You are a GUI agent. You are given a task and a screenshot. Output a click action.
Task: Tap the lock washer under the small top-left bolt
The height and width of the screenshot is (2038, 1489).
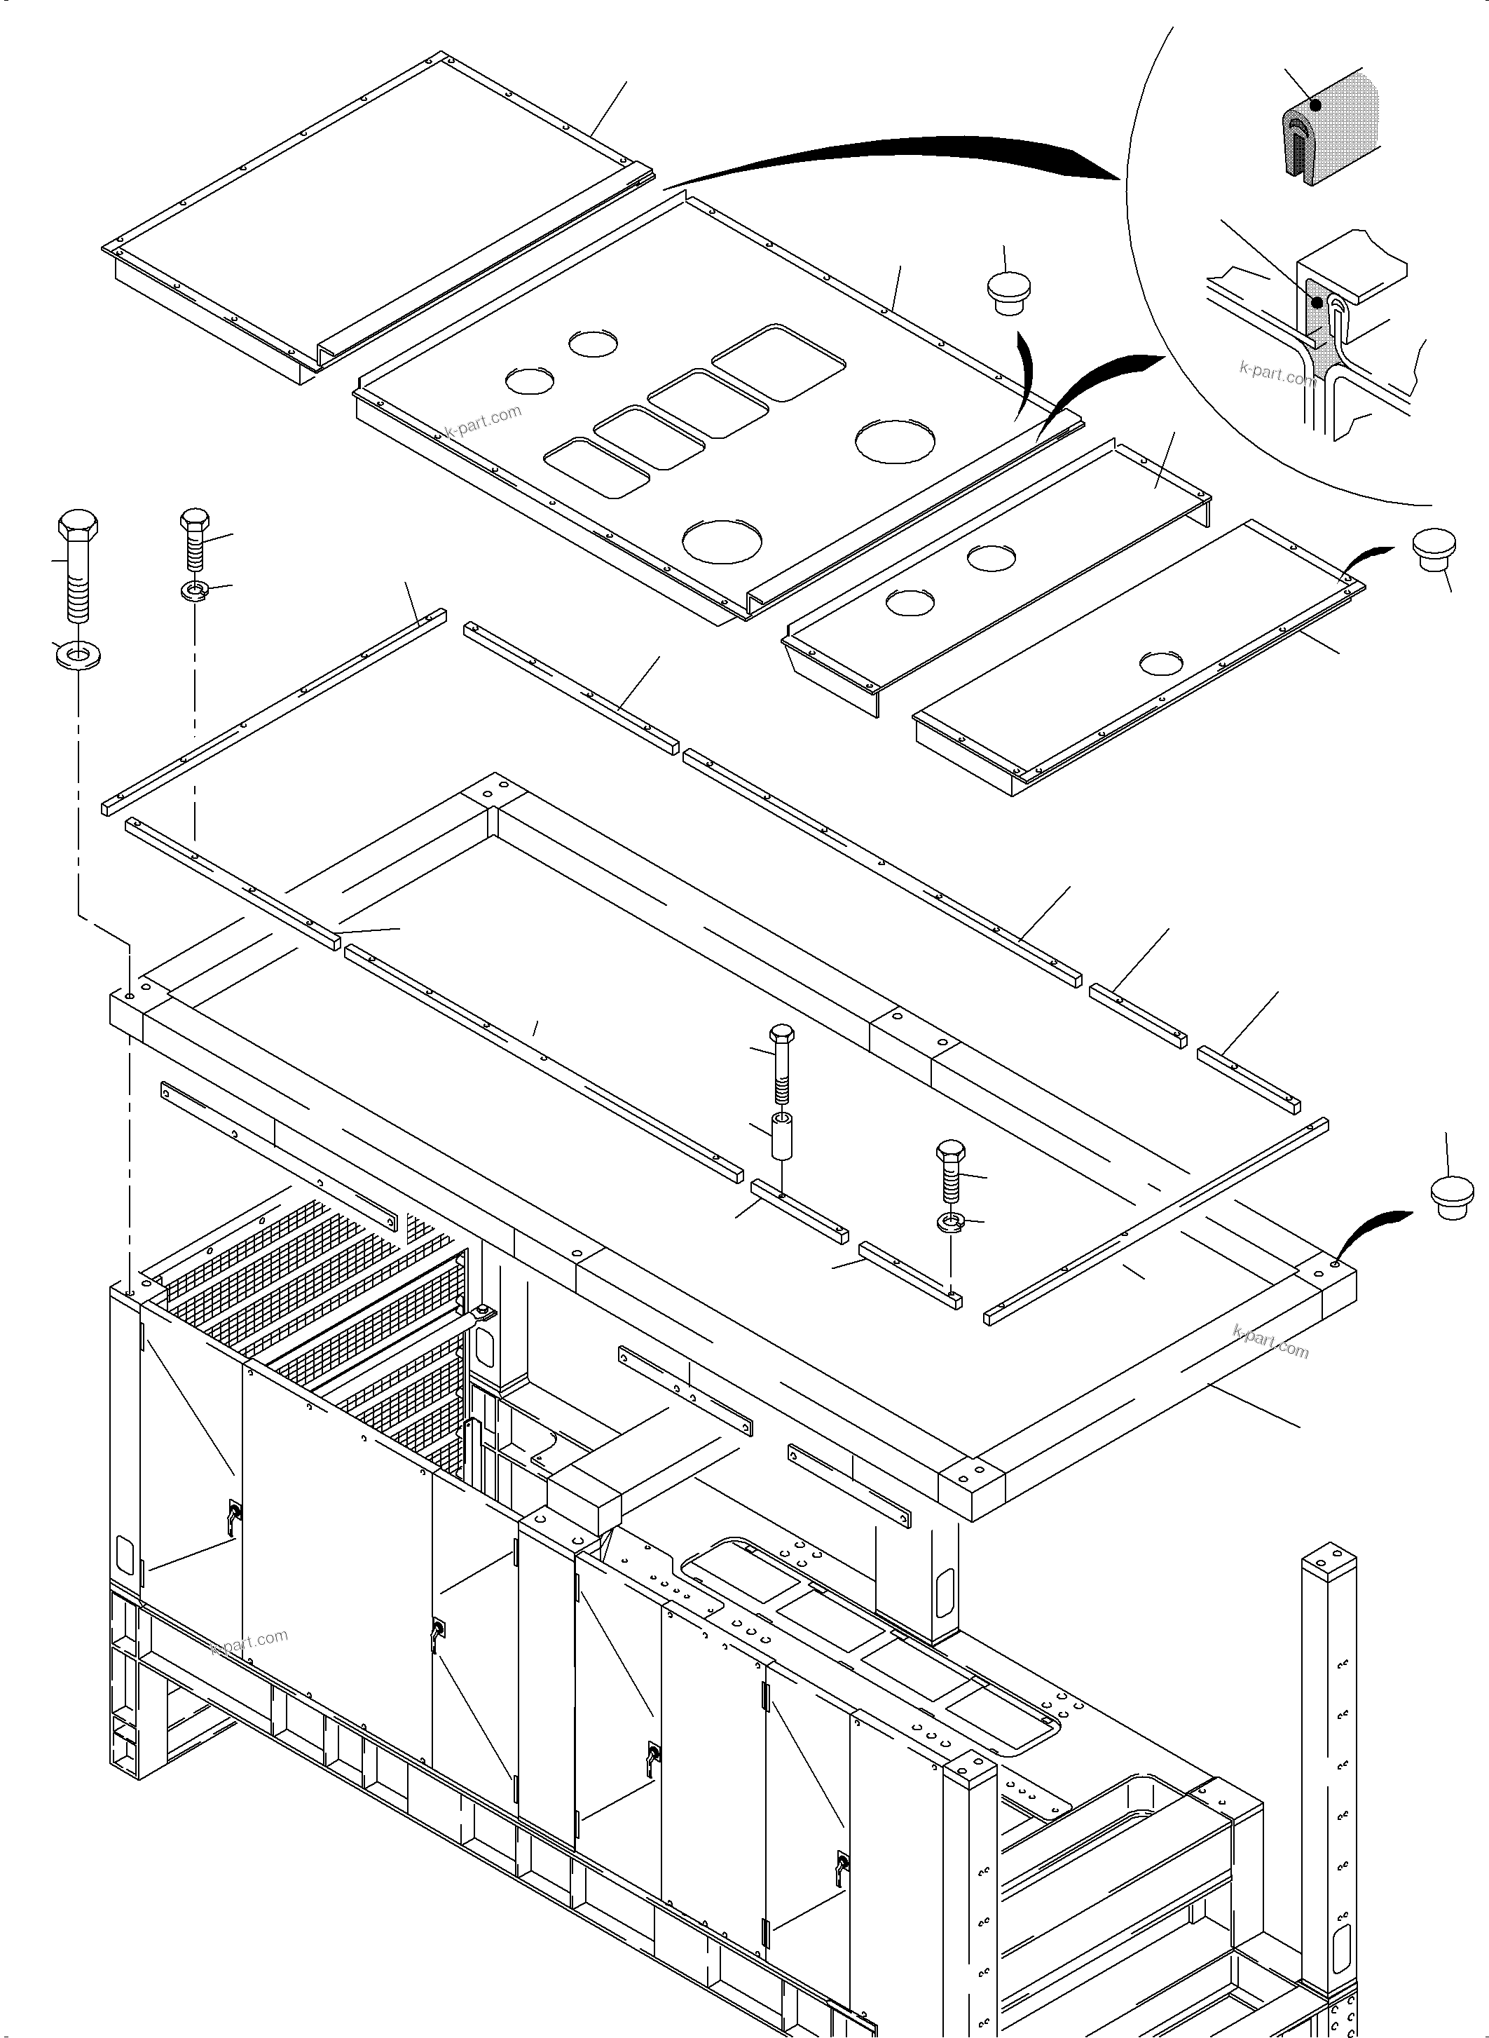point(195,591)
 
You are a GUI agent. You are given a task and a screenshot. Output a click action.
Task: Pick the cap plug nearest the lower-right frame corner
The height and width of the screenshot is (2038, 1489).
point(1452,1197)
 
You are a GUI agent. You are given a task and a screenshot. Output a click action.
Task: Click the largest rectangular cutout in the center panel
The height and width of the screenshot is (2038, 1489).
point(778,362)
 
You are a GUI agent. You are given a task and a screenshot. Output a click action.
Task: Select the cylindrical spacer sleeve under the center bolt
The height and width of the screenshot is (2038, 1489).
point(781,1138)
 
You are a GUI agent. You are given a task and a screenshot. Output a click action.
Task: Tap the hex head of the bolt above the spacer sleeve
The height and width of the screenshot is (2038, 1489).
point(781,1033)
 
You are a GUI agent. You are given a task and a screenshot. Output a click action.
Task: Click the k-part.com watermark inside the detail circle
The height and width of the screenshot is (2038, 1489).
point(1277,372)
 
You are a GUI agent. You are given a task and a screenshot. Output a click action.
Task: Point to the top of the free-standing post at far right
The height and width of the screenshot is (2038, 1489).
point(1329,1556)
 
